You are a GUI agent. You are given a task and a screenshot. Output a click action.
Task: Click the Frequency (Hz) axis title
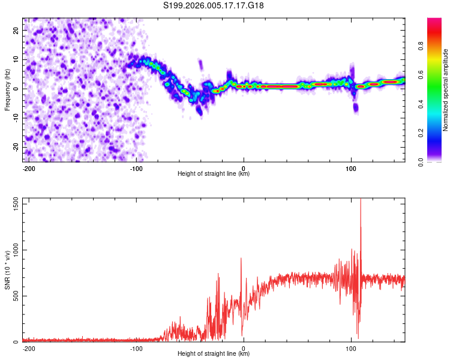[7, 89]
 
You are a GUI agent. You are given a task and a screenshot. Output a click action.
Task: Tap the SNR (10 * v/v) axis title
[7, 270]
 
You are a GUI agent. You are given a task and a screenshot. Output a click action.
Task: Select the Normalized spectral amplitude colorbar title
[446, 89]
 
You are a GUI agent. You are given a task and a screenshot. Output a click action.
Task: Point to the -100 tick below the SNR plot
[136, 349]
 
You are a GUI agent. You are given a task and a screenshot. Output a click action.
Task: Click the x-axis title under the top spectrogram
[214, 174]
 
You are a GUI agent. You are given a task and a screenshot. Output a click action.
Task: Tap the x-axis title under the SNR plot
[214, 354]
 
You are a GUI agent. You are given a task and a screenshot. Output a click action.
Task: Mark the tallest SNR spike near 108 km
[361, 202]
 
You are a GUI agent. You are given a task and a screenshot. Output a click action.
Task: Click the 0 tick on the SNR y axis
[16, 342]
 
